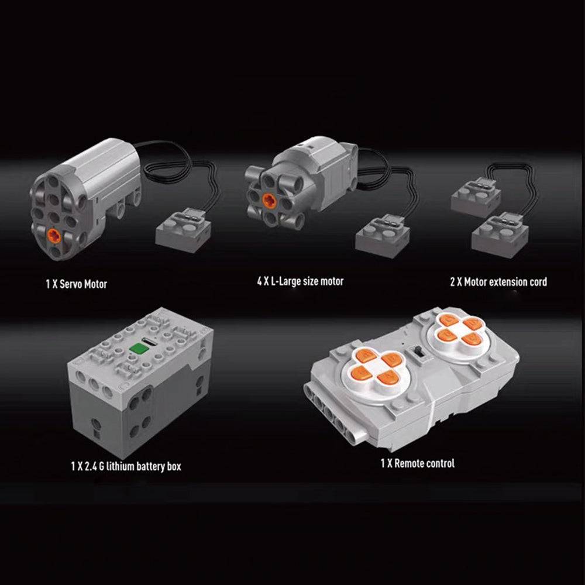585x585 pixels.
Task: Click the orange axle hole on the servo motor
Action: click(54, 236)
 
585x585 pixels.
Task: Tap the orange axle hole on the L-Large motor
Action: click(269, 201)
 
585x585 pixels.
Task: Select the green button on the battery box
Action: click(139, 349)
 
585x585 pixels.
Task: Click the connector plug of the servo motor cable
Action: click(183, 230)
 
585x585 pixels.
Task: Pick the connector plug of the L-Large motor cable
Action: click(383, 236)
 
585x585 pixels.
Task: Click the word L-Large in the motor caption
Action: click(286, 281)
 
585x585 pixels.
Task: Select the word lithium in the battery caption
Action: click(120, 466)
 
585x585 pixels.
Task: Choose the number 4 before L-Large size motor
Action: click(259, 281)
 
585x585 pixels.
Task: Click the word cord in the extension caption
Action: click(539, 282)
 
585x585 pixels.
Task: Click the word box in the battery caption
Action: click(174, 466)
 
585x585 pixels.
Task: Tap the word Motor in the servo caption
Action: click(95, 284)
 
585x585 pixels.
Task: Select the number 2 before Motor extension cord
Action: click(453, 282)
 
